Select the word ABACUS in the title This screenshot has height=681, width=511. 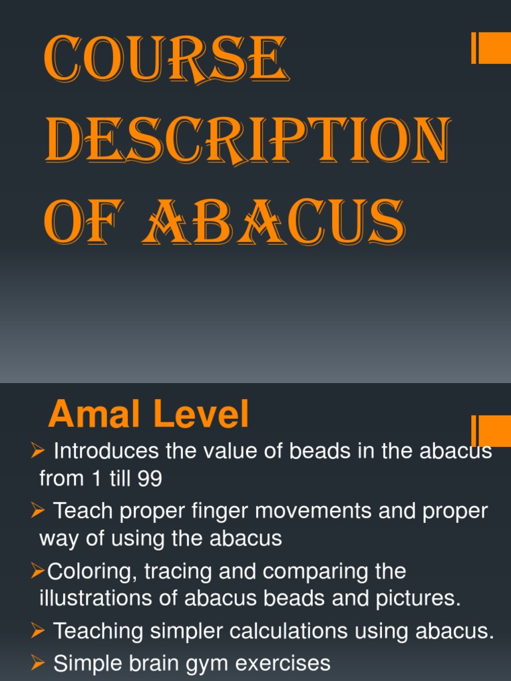click(280, 221)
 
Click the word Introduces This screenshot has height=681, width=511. click(106, 452)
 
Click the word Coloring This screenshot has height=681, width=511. click(86, 571)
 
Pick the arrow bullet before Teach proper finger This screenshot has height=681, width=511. click(38, 511)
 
